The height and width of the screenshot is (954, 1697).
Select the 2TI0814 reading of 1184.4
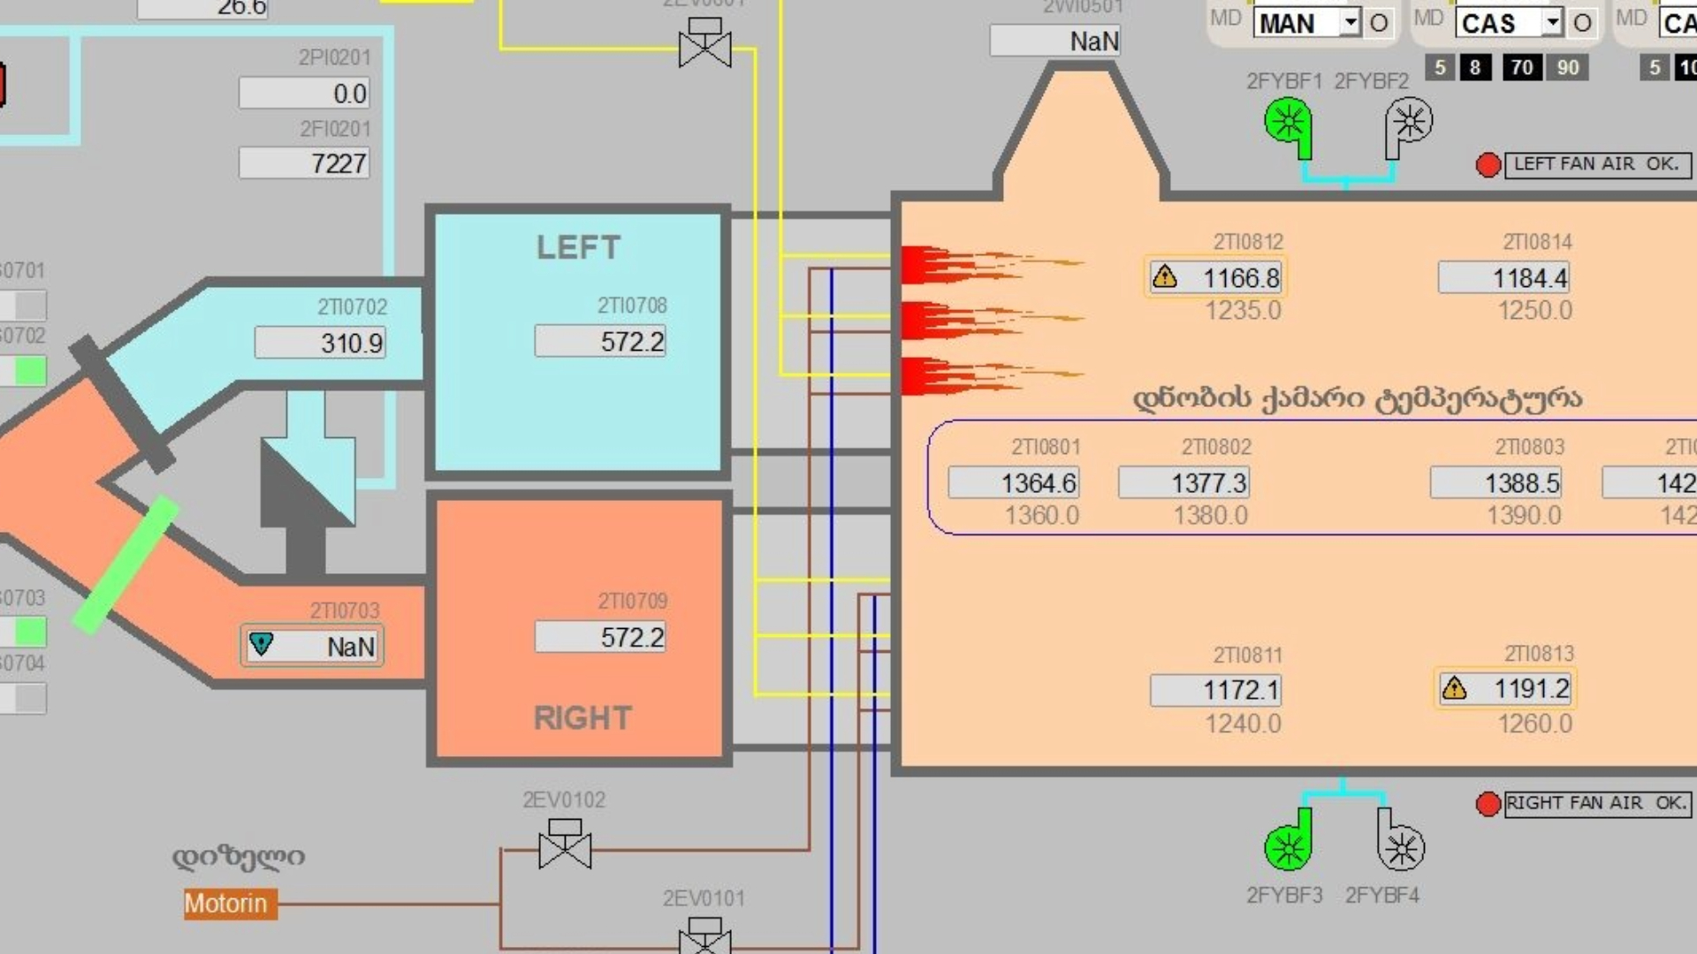pyautogui.click(x=1503, y=278)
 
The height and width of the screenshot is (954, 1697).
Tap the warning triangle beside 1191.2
pyautogui.click(x=1454, y=688)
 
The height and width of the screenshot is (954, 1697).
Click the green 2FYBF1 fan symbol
pyautogui.click(x=1288, y=125)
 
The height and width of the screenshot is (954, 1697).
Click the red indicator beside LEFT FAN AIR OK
pyautogui.click(x=1488, y=165)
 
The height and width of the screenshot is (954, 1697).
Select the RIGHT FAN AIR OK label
pyautogui.click(x=1596, y=803)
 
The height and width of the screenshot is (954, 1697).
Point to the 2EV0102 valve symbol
pyautogui.click(x=565, y=845)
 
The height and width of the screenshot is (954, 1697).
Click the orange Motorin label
pyautogui.click(x=226, y=904)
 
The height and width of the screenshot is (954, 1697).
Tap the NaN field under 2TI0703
pyautogui.click(x=312, y=646)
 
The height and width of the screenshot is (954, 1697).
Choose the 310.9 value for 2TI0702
pyautogui.click(x=320, y=343)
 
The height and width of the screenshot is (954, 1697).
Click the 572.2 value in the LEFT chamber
pyautogui.click(x=600, y=341)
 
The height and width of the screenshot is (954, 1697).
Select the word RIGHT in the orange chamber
pyautogui.click(x=582, y=718)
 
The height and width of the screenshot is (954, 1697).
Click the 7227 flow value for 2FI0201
pyautogui.click(x=304, y=163)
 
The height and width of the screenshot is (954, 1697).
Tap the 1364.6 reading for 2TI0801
pyautogui.click(x=1014, y=483)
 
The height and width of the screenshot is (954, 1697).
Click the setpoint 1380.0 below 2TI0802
pyautogui.click(x=1210, y=515)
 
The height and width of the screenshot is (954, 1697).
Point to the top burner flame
pyautogui.click(x=981, y=263)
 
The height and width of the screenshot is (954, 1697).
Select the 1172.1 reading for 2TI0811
pyautogui.click(x=1215, y=690)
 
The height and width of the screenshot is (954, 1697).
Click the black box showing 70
pyautogui.click(x=1521, y=67)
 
